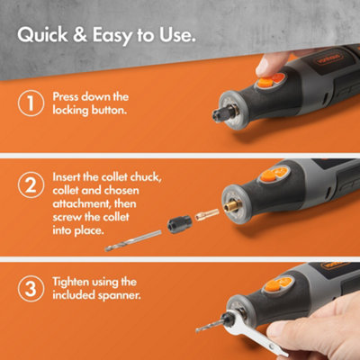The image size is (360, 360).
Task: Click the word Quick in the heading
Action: [x=47, y=37]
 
